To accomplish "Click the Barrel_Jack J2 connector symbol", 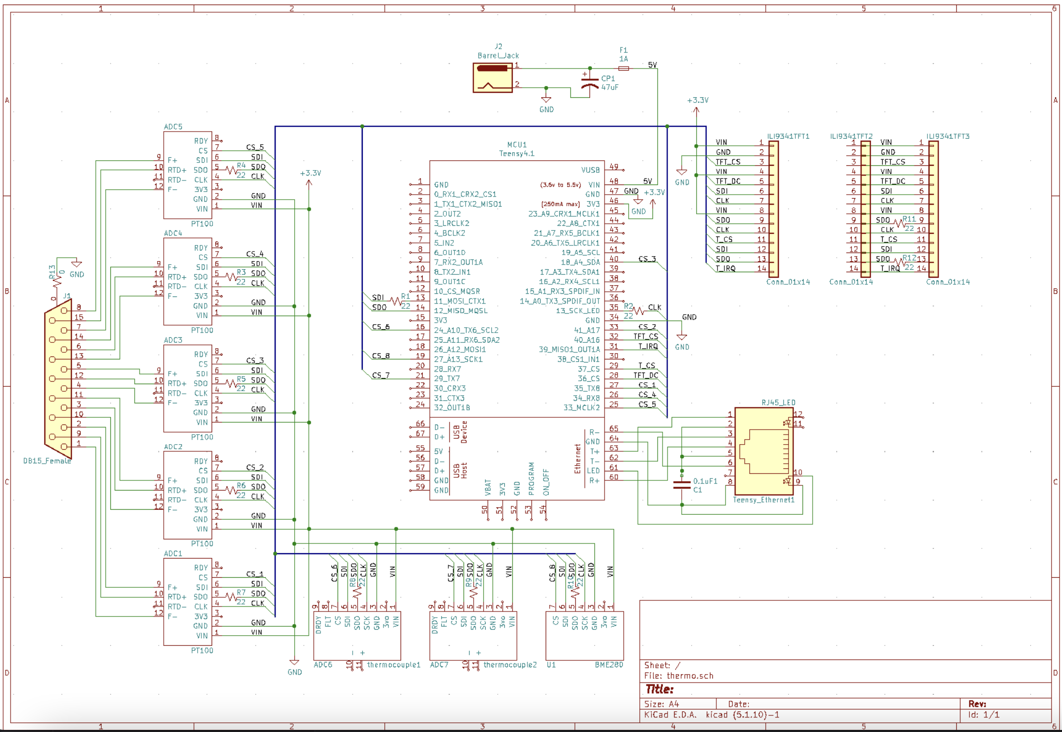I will coord(492,78).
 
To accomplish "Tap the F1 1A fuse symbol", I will coord(623,69).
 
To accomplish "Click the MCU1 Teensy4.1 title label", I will coord(516,149).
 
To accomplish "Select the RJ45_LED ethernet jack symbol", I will coord(764,451).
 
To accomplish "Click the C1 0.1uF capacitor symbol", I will coord(682,484).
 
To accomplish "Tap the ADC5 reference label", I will coord(173,127).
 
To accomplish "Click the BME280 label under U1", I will coord(609,665).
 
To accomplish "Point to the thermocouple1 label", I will coord(393,665).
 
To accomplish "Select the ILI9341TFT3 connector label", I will coord(948,136).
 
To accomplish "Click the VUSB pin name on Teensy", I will coord(590,170).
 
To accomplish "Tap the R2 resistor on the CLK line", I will coord(638,311).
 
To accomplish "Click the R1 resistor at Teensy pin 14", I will coord(396,301).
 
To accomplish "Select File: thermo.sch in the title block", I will coord(679,676).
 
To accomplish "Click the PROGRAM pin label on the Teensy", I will coord(531,478).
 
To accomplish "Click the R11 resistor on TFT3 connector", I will coord(900,223).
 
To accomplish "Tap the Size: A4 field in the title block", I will coord(661,704).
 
